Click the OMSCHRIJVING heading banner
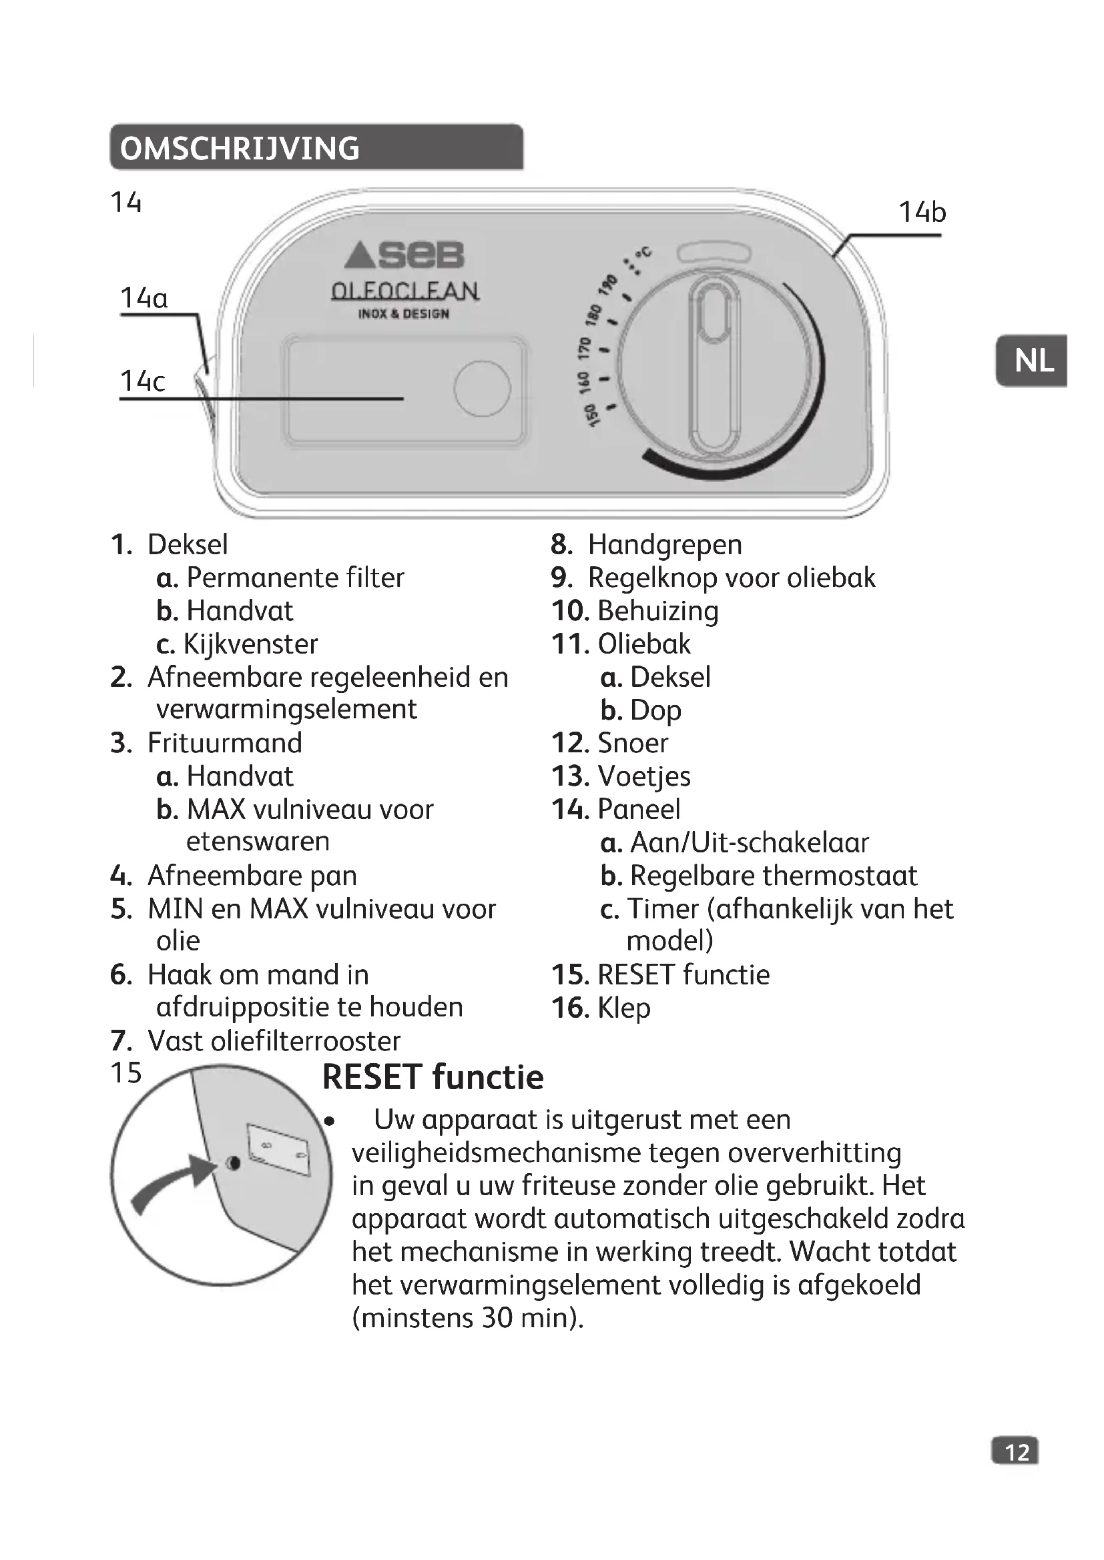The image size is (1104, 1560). pos(316,147)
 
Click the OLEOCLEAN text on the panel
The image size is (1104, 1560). pos(405,291)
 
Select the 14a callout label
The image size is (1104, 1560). pos(144,298)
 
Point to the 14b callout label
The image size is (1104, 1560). pos(922,212)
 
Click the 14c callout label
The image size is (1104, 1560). pos(142,381)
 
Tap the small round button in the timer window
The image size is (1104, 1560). pos(482,389)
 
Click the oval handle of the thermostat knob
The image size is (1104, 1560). pos(713,367)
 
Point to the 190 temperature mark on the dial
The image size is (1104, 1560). pos(607,284)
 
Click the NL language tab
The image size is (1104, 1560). pos(1033,361)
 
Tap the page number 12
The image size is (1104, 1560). pos(1017,1452)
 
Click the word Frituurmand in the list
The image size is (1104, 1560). pos(224,742)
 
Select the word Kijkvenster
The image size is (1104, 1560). pos(250,644)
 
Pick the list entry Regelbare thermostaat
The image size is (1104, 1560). pos(773,876)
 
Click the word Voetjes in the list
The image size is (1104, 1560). pos(643,776)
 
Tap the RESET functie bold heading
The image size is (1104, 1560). pos(433,1077)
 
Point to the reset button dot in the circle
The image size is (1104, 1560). pos(232,1164)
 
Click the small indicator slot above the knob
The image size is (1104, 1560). pos(714,253)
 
